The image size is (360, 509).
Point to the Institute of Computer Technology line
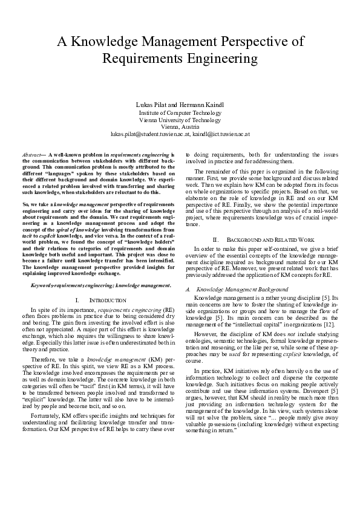[x=180, y=112]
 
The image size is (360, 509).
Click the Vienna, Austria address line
[x=180, y=126]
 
